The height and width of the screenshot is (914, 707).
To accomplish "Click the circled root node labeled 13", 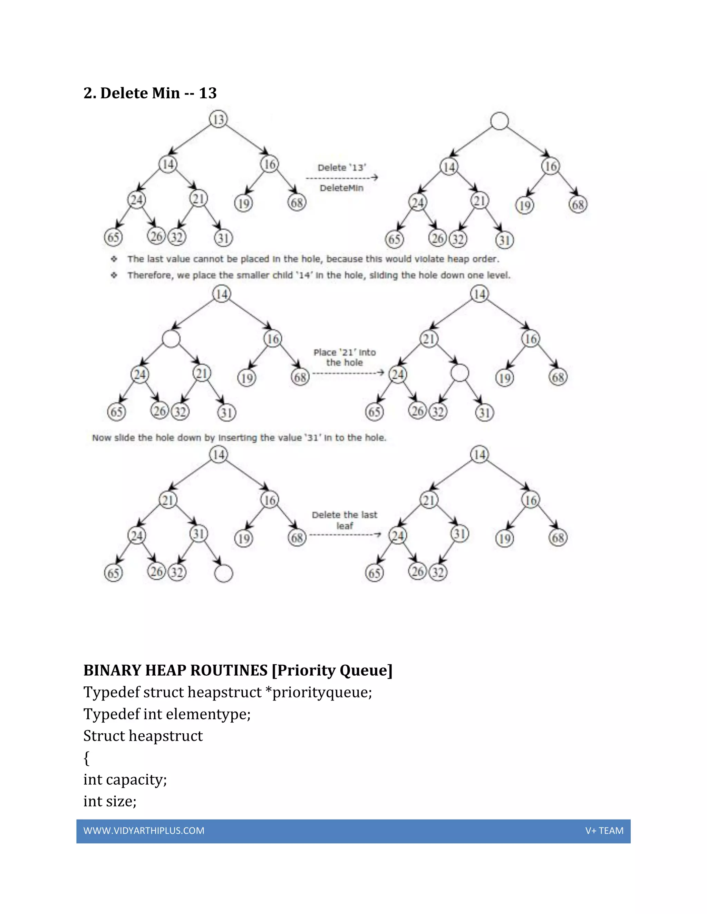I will pos(218,119).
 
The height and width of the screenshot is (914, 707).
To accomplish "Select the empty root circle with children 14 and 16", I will pos(499,121).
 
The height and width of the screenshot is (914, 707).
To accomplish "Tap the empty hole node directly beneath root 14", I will pos(171,339).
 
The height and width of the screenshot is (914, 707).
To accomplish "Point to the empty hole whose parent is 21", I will pos(459,373).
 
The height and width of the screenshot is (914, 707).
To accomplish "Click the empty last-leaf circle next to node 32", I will pos(223,573).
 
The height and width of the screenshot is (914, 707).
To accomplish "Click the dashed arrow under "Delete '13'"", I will pos(342,178).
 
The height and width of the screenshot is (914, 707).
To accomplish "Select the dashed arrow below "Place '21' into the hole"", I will pos(348,372).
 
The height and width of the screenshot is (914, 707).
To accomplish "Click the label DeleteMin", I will pos(341,188).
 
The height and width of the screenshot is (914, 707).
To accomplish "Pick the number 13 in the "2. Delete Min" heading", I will pos(208,93).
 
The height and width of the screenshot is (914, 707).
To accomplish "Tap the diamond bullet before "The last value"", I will pos(114,259).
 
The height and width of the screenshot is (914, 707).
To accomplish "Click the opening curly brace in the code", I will pos(87,758).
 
